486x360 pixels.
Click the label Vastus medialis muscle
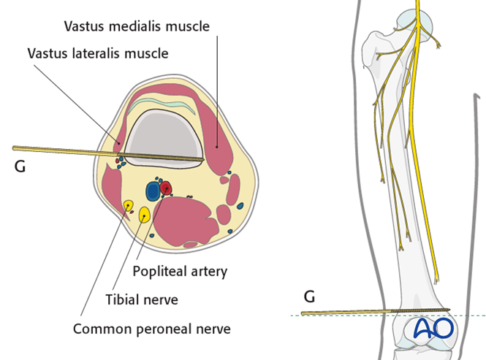click(137, 26)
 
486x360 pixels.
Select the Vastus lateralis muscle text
click(97, 53)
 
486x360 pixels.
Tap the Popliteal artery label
click(180, 271)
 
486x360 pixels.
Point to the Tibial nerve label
click(141, 299)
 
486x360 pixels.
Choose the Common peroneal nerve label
click(151, 329)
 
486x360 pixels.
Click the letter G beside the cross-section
click(20, 166)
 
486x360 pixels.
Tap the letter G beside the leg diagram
click(310, 297)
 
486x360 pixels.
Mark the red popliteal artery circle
click(167, 188)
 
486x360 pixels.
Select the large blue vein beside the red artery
click(153, 191)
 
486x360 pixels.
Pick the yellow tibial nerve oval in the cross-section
click(145, 214)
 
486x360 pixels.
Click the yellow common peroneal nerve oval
click(128, 207)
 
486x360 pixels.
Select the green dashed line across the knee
click(468, 315)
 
